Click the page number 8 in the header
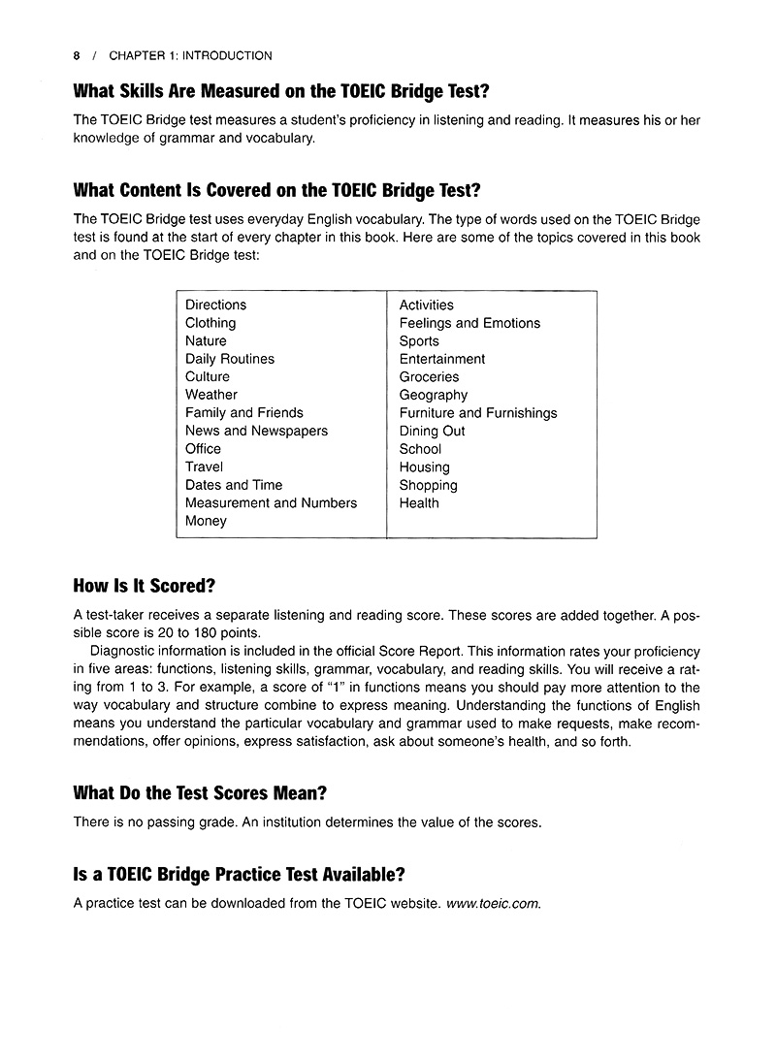(x=77, y=56)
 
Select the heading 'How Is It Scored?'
(x=145, y=586)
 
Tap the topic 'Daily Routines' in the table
(x=230, y=359)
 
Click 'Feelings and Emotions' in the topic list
(x=469, y=323)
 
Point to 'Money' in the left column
(x=206, y=521)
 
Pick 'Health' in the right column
(x=419, y=503)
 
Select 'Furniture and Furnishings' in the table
(x=478, y=413)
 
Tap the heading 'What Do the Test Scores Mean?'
(x=200, y=792)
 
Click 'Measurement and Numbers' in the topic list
(x=271, y=503)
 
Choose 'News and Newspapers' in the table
(x=256, y=431)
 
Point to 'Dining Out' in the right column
(x=432, y=431)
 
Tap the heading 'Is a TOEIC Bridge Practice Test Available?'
(x=239, y=874)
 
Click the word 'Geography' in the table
(x=434, y=395)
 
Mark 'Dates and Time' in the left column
(x=234, y=485)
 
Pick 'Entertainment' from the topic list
(x=442, y=359)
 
